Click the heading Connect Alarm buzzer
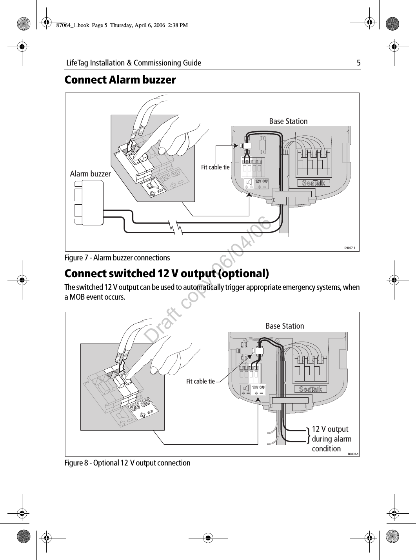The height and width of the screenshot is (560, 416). [x=120, y=80]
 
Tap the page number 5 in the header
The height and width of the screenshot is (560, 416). [x=358, y=63]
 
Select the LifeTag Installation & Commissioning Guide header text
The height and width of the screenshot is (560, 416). [x=133, y=63]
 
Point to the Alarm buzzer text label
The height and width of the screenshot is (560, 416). [x=90, y=174]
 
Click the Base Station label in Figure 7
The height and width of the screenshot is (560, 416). [x=288, y=121]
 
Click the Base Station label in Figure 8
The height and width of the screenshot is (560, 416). [x=285, y=326]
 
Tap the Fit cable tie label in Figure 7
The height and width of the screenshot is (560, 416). [x=215, y=167]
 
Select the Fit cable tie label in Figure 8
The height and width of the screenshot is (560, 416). [x=200, y=381]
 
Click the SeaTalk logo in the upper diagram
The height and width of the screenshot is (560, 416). [x=313, y=183]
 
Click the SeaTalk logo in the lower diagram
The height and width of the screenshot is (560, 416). [x=311, y=389]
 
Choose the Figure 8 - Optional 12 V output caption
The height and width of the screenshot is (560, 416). [x=127, y=463]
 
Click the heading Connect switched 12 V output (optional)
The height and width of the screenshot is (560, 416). [x=167, y=273]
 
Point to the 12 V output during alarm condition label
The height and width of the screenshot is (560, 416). [x=331, y=439]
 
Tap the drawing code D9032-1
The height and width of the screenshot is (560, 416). [x=352, y=454]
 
